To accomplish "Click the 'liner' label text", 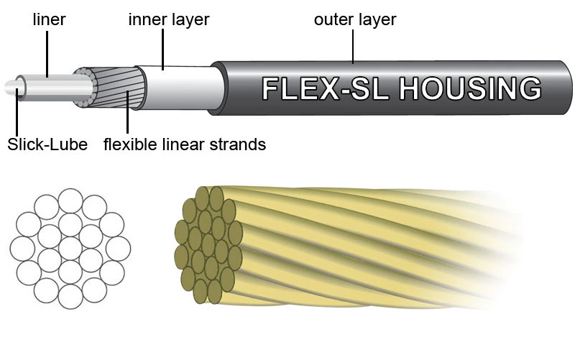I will click(49, 19).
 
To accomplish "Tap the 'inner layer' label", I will click(168, 19).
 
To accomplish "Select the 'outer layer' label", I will click(354, 19).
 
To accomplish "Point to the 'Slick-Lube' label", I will click(47, 144).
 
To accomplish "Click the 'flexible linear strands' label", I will click(185, 144).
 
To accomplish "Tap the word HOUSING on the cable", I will click(469, 88).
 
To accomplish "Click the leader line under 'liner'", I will click(48, 51).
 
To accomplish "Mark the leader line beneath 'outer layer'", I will click(353, 46).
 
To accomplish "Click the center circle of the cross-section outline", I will click(70, 248).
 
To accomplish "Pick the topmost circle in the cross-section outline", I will click(70, 200).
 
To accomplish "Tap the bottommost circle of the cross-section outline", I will click(70, 295).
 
